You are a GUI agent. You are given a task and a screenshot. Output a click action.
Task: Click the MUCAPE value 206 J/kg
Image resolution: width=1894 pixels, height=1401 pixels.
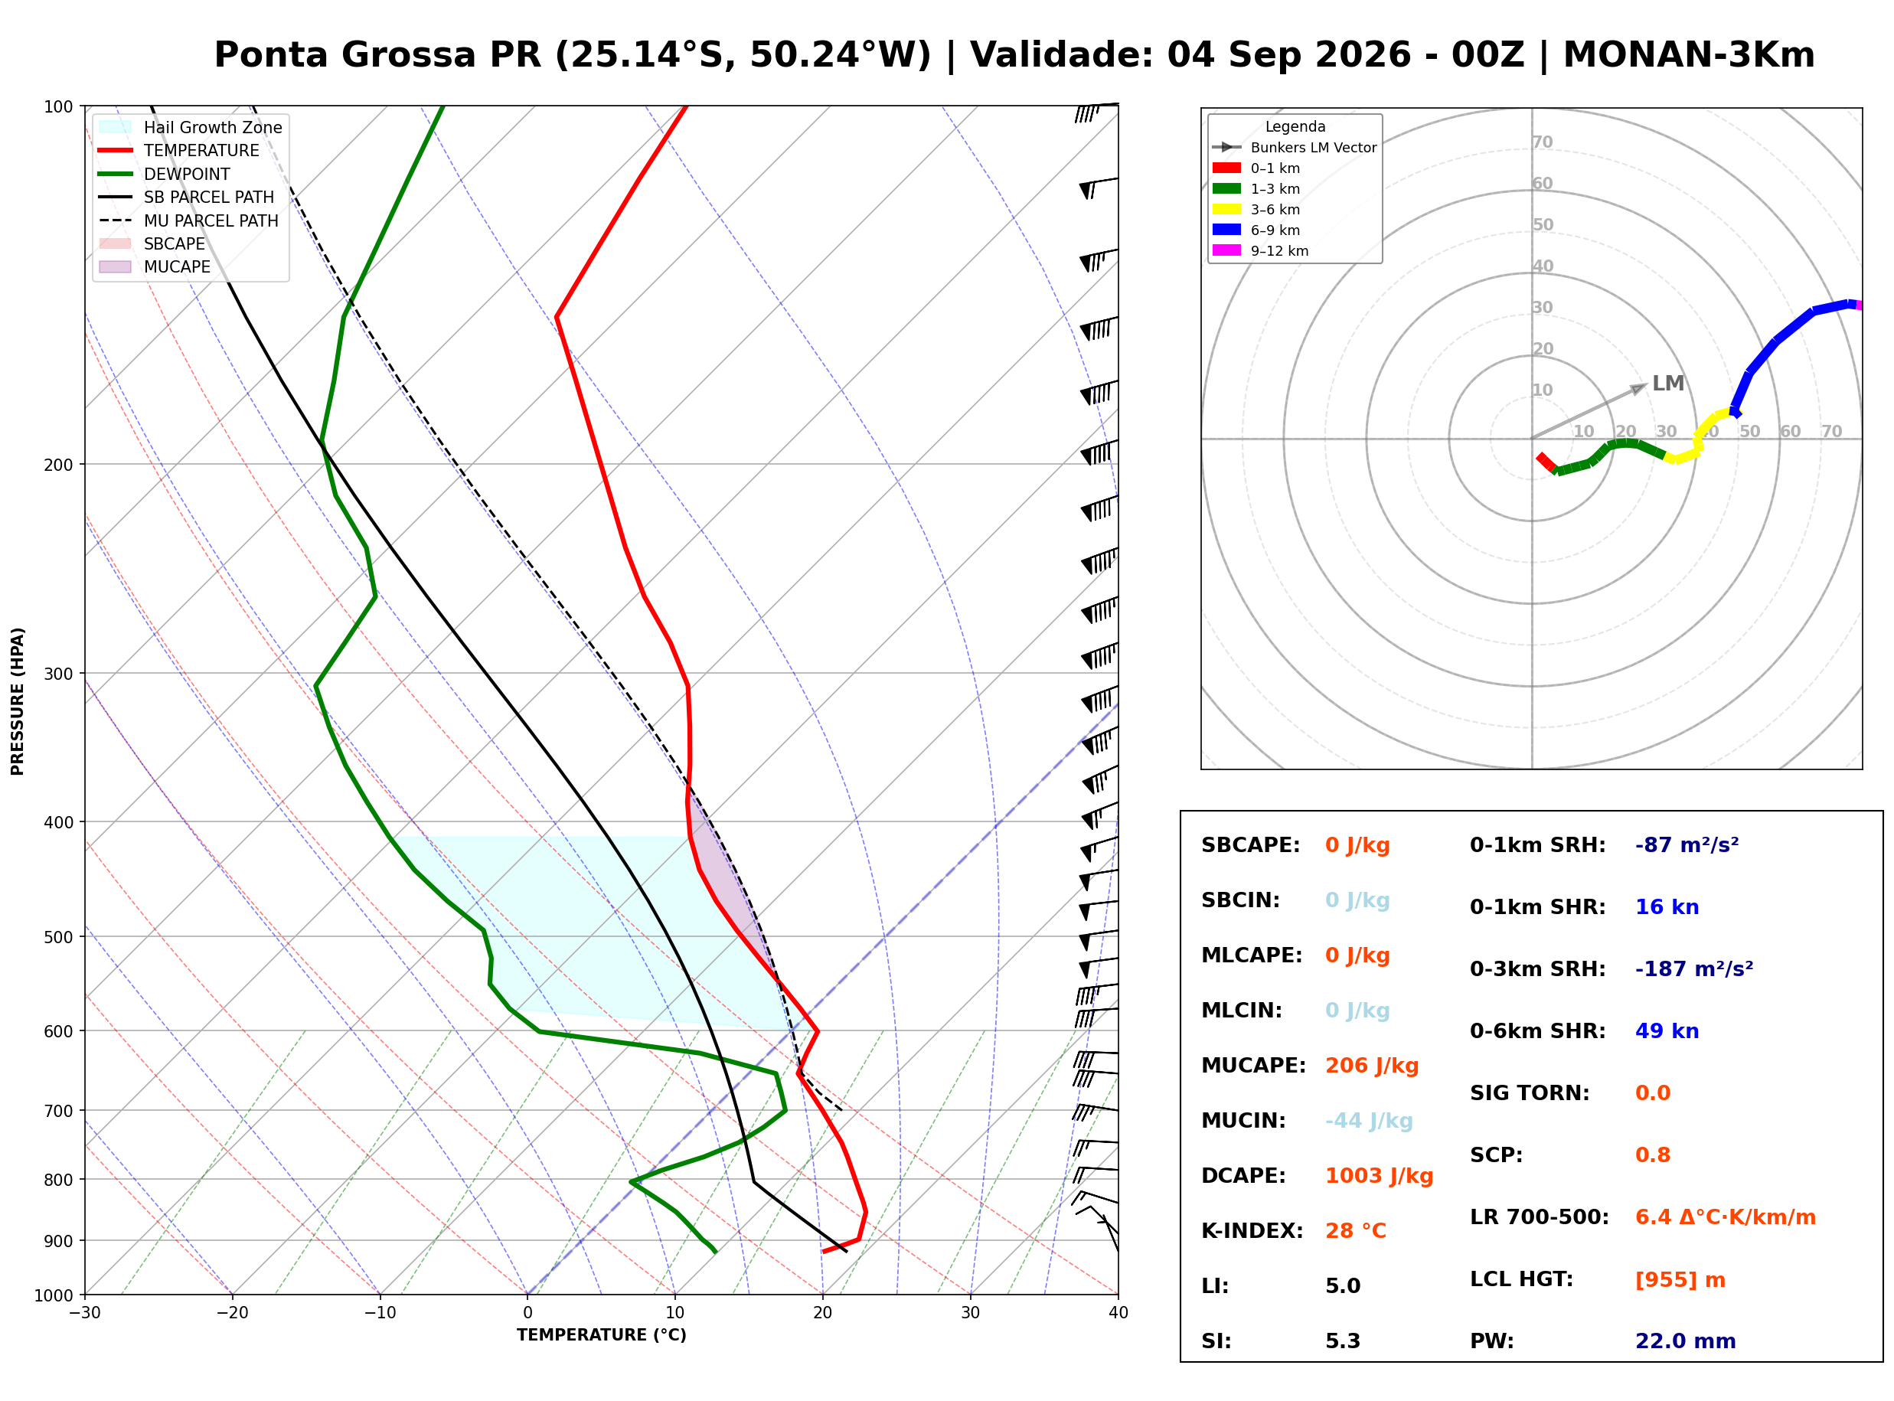[x=1371, y=1065]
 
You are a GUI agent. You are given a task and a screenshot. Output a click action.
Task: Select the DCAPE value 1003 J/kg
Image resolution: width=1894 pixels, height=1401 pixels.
[x=1379, y=1175]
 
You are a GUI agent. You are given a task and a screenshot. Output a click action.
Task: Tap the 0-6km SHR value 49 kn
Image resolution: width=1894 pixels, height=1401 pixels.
[x=1667, y=1030]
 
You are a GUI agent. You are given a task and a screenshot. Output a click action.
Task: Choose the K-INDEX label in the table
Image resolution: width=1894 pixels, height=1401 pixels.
[x=1252, y=1230]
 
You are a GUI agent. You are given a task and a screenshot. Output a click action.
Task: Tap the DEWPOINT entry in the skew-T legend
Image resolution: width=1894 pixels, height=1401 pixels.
[x=187, y=174]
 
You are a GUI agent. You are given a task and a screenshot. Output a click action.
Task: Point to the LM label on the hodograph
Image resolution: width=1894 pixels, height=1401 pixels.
[x=1667, y=384]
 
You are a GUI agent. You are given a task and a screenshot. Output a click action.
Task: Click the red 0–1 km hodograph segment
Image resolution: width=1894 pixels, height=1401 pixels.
[x=1546, y=462]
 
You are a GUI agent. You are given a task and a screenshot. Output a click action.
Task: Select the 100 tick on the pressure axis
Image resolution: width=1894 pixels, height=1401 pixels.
[x=58, y=106]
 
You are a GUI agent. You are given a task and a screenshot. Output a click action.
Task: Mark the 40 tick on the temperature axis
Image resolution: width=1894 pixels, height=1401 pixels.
[x=1118, y=1313]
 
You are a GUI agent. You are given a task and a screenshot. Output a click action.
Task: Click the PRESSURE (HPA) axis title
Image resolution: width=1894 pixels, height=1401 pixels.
[x=18, y=700]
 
